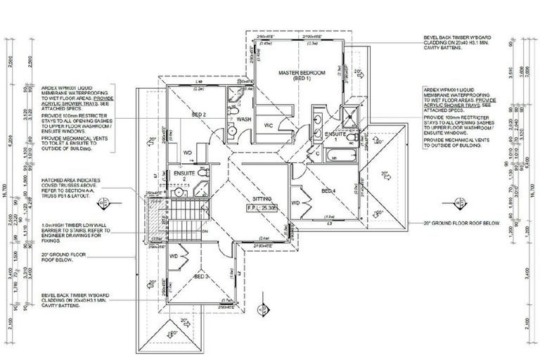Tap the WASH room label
tap(244, 120)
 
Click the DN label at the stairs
tap(205, 230)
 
